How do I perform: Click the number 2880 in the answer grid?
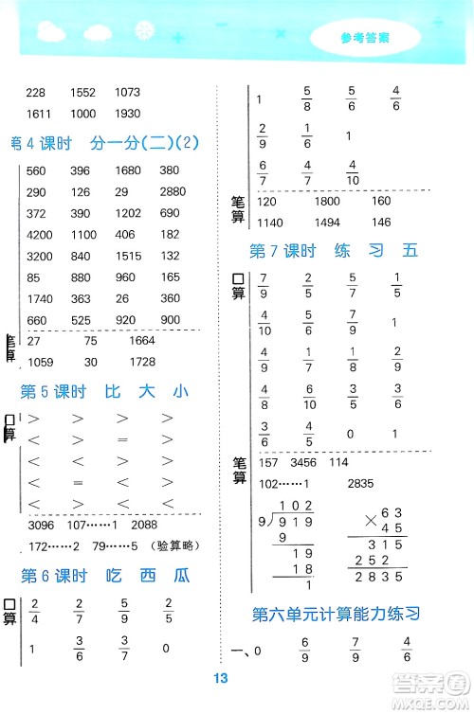tap(171, 190)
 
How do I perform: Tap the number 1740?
tap(41, 298)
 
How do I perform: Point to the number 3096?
tap(44, 525)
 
